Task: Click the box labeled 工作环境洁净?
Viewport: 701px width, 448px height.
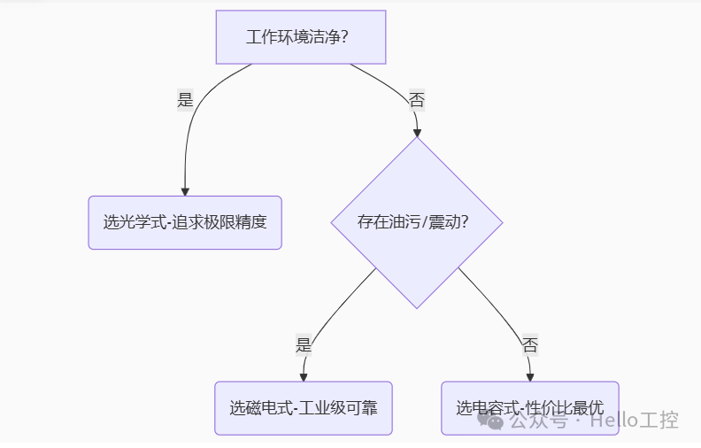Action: (x=301, y=37)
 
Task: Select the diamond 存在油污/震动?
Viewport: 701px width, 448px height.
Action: (x=416, y=222)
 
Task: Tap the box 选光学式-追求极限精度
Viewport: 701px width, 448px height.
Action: (x=184, y=222)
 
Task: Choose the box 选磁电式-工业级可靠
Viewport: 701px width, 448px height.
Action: (x=303, y=408)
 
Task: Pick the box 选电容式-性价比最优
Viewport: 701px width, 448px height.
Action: (x=529, y=408)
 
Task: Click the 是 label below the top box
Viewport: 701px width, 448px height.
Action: (x=185, y=100)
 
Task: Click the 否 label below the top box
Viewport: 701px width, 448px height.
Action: (x=417, y=100)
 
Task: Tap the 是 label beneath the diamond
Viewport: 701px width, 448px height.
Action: (x=304, y=345)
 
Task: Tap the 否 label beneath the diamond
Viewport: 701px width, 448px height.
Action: (x=529, y=345)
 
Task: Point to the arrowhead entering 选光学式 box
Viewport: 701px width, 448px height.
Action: (x=185, y=190)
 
